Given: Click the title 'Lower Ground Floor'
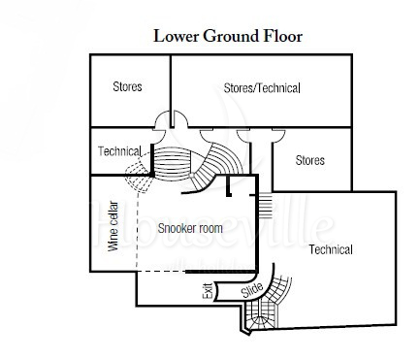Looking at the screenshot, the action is [x=228, y=36].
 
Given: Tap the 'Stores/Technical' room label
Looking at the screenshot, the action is [x=262, y=88].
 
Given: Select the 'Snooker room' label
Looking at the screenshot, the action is [x=190, y=228].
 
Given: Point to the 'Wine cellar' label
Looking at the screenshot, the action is [x=113, y=226].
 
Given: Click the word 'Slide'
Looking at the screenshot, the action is [x=252, y=290].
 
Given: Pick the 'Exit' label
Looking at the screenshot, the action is [x=208, y=291].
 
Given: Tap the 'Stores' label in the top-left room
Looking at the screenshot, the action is [x=127, y=86].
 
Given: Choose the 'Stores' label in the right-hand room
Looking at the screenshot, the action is [x=310, y=160].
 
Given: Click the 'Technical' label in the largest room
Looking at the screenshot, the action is [x=331, y=249].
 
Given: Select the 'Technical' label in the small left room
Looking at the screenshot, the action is [x=119, y=151].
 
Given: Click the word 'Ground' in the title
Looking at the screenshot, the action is [x=232, y=36].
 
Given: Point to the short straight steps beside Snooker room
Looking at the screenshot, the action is [x=265, y=205].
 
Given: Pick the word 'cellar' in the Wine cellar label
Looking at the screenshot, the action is [x=113, y=214].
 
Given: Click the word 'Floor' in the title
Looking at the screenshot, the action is [x=283, y=36].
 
